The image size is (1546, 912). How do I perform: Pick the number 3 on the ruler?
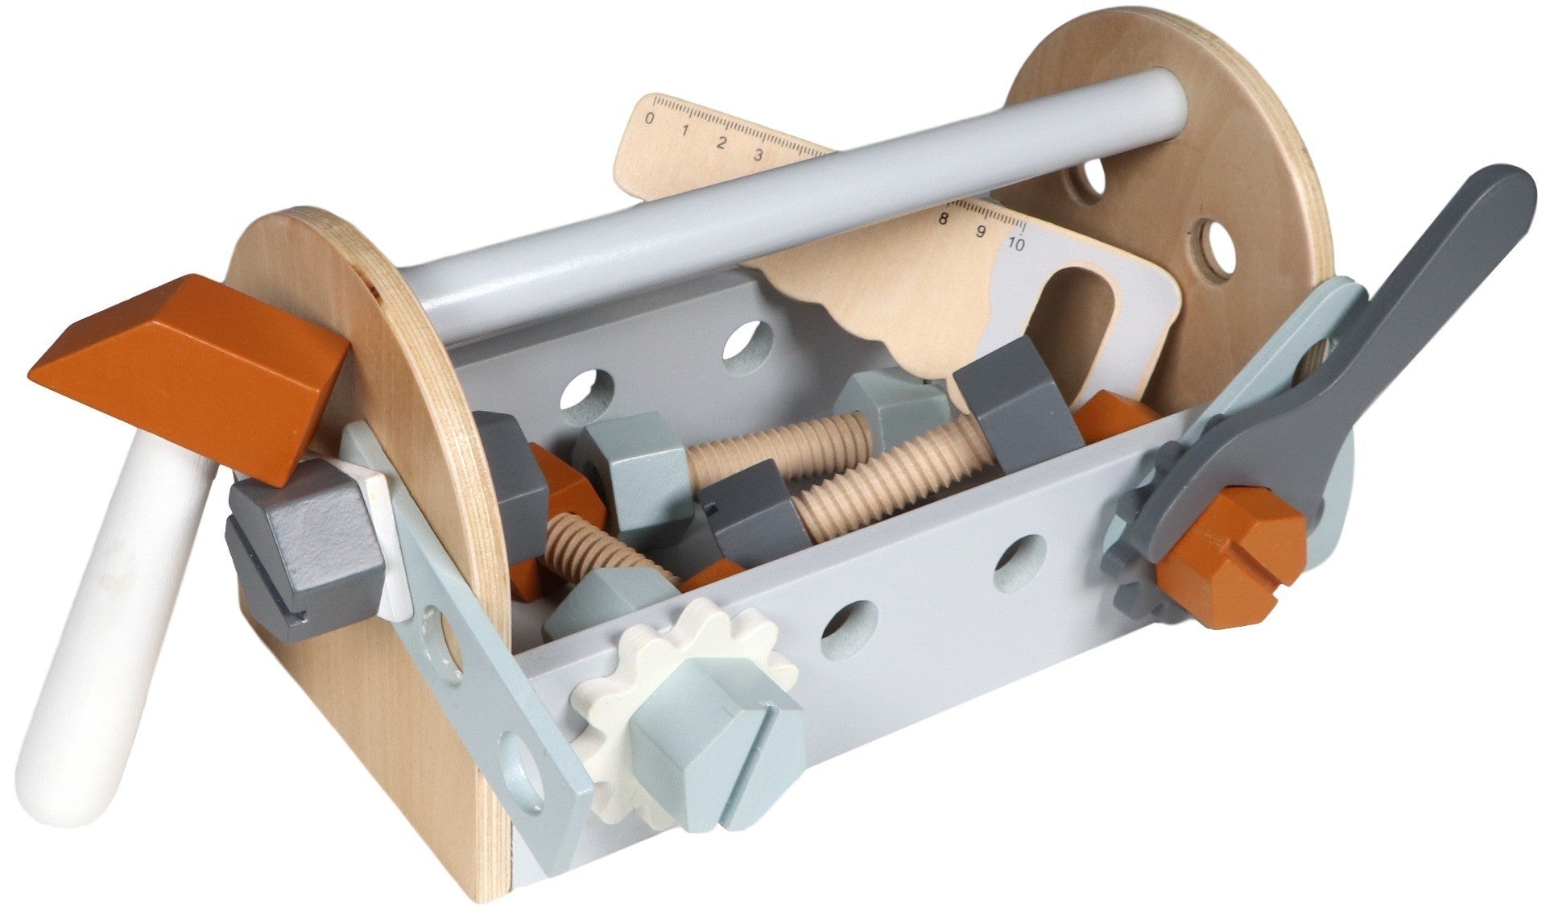coord(758,155)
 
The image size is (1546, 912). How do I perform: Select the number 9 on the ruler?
coord(981,231)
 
